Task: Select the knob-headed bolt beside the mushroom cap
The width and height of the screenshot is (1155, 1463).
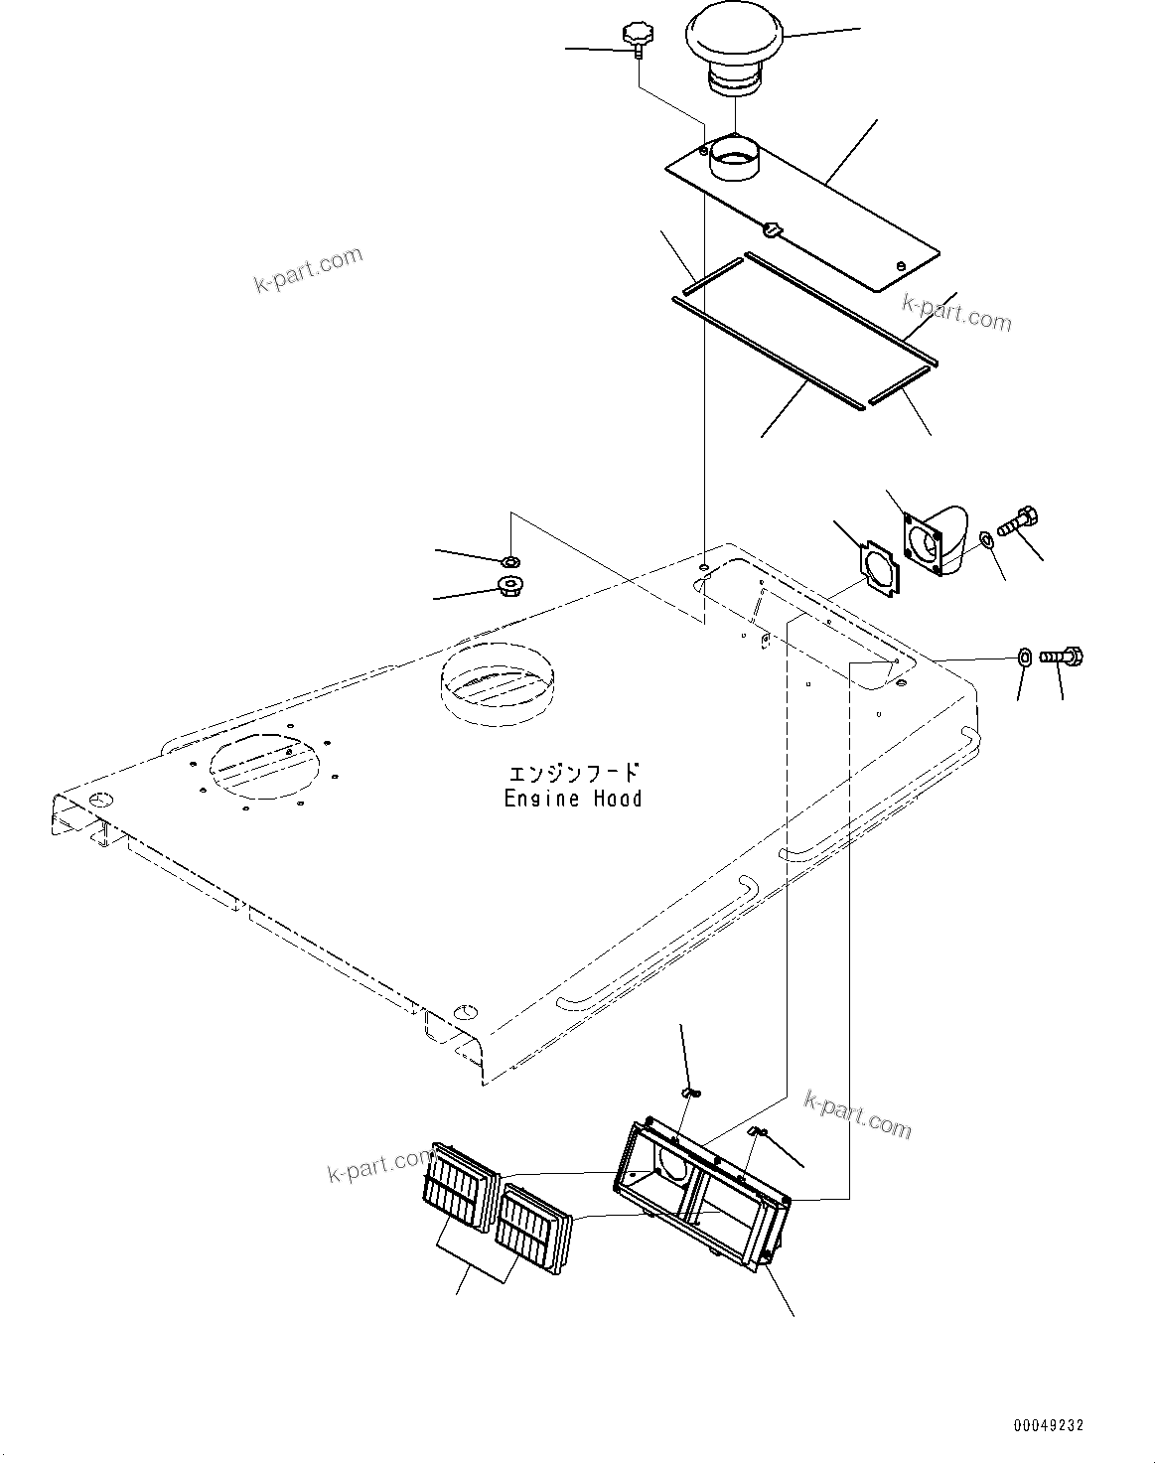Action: click(x=635, y=38)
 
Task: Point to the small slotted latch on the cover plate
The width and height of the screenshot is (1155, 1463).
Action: click(x=772, y=229)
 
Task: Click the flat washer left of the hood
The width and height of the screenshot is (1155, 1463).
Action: click(x=510, y=561)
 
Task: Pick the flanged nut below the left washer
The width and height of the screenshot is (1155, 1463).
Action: click(x=510, y=584)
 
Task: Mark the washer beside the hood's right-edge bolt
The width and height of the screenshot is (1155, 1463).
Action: click(x=1023, y=656)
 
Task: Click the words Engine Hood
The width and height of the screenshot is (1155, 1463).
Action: click(x=573, y=799)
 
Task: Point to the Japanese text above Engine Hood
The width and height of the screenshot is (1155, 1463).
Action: click(x=574, y=774)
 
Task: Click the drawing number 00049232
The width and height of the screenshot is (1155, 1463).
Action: click(x=1048, y=1425)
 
